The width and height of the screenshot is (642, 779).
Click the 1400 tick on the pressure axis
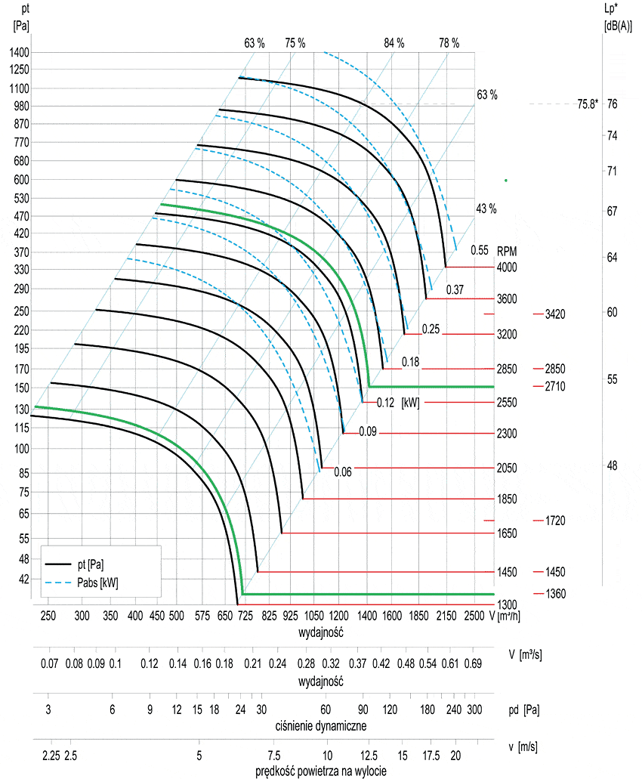coord(19,52)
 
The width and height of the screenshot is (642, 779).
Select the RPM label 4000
coord(507,267)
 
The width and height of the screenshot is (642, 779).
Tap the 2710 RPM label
coord(555,386)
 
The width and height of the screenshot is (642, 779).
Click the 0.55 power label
coord(480,250)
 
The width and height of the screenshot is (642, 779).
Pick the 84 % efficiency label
coord(394,43)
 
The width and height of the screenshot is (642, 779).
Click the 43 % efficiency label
coord(486,209)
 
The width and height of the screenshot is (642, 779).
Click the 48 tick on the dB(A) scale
coord(612,465)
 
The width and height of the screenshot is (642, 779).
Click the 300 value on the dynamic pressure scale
coord(474,709)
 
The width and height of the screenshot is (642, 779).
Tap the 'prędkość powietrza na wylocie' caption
coord(322,771)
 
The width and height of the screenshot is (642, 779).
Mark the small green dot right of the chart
coord(505,180)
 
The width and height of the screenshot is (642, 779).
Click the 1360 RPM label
coord(555,594)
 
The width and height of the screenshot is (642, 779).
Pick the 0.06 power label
coord(343,471)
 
